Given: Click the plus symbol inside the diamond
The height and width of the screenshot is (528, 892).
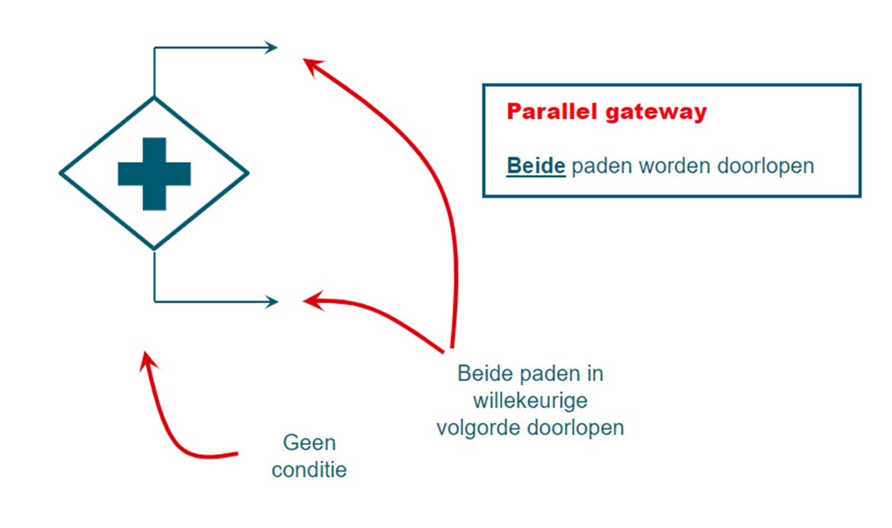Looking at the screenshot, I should [x=154, y=173].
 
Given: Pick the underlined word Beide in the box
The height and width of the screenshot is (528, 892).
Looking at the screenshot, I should [x=536, y=166].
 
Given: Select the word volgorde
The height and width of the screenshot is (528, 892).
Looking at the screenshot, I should [x=479, y=428].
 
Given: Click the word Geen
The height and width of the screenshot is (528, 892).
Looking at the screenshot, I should [x=309, y=443].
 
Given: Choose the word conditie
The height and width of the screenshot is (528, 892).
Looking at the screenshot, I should [x=309, y=469].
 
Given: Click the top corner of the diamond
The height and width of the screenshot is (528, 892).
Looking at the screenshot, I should [x=154, y=97].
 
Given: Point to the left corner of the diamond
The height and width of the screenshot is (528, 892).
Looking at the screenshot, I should [x=61, y=173].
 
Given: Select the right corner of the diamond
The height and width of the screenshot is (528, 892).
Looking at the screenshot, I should [x=248, y=173].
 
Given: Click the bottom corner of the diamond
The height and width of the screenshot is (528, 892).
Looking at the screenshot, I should [x=154, y=249].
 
